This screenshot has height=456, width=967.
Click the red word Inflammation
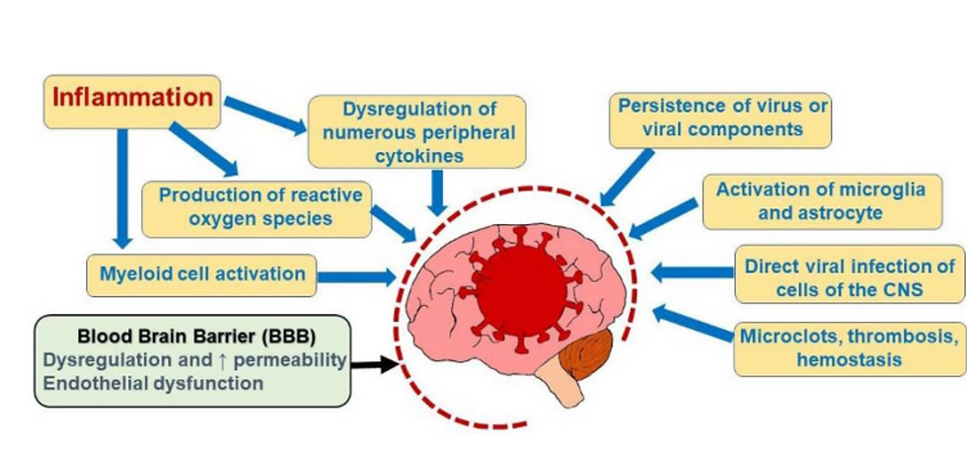pos(132,98)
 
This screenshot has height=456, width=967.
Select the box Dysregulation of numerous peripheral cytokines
pos(417,131)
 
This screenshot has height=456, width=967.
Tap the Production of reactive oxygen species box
pos(257,208)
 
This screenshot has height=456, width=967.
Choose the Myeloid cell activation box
pos(201,274)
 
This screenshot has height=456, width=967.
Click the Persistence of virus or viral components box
pos(720,120)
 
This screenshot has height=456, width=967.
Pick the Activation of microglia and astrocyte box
pos(823,201)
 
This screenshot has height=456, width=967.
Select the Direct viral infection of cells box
pos(850,275)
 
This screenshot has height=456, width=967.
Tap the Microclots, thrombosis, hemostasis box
pos(850,348)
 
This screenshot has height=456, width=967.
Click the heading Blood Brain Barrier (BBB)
pos(196,337)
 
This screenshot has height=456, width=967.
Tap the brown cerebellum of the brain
pos(586,354)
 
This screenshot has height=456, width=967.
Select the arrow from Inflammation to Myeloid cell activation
pos(122,189)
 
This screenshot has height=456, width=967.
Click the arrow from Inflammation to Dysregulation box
pos(265,115)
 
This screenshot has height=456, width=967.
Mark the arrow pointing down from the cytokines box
pos(437,192)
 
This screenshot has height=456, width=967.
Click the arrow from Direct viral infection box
pos(693,272)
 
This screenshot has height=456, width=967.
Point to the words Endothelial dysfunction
pos(153,383)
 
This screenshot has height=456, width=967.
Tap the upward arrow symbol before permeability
pos(223,359)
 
